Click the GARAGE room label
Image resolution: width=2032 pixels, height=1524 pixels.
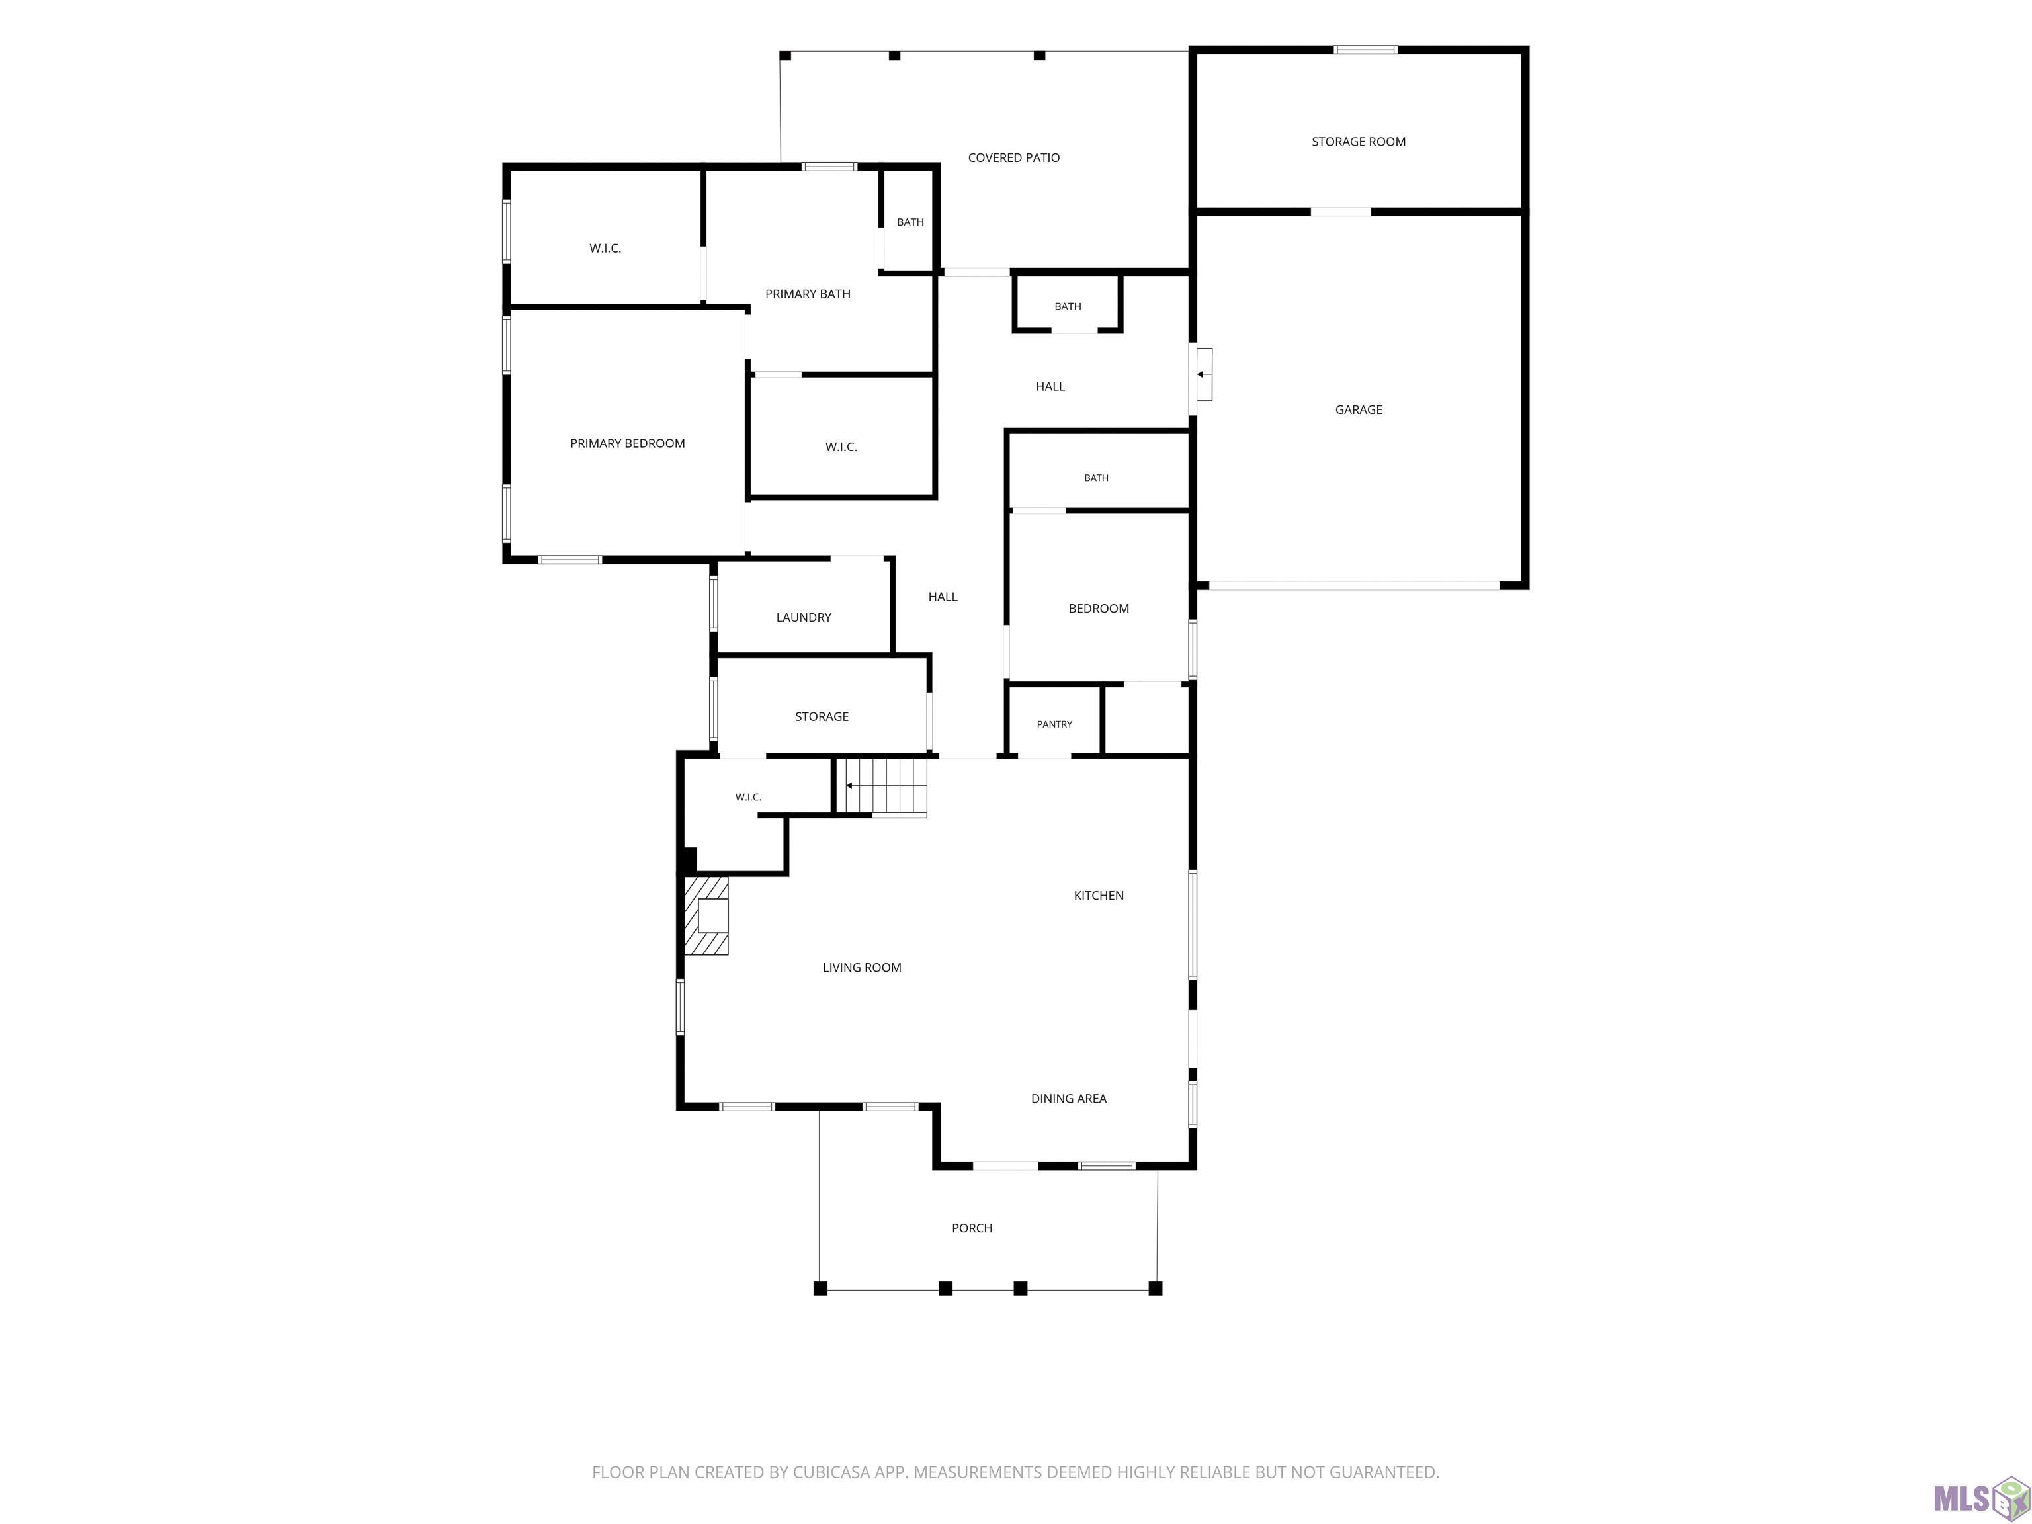[x=1359, y=409]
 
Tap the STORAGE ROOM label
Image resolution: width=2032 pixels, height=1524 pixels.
[x=1359, y=142]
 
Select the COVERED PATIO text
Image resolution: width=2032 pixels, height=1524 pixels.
[x=1013, y=158]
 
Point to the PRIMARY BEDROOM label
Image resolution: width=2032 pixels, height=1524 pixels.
[x=628, y=444]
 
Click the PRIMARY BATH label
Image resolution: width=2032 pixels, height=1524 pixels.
[x=808, y=294]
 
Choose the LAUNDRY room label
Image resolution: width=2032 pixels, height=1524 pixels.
[x=804, y=617]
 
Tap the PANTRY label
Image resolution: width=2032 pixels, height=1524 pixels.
[x=1054, y=724]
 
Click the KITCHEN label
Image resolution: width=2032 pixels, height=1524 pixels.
[x=1099, y=896]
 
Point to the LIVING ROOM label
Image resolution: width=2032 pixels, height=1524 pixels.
[x=862, y=967]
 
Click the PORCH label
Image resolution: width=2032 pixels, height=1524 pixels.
[x=972, y=1228]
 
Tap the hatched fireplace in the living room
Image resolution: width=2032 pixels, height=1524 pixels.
[x=706, y=916]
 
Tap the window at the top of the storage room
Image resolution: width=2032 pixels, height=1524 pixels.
[x=1365, y=50]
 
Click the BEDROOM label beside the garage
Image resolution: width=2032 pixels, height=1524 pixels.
[x=1099, y=608]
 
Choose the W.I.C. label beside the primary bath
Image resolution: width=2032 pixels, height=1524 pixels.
[x=605, y=248]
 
